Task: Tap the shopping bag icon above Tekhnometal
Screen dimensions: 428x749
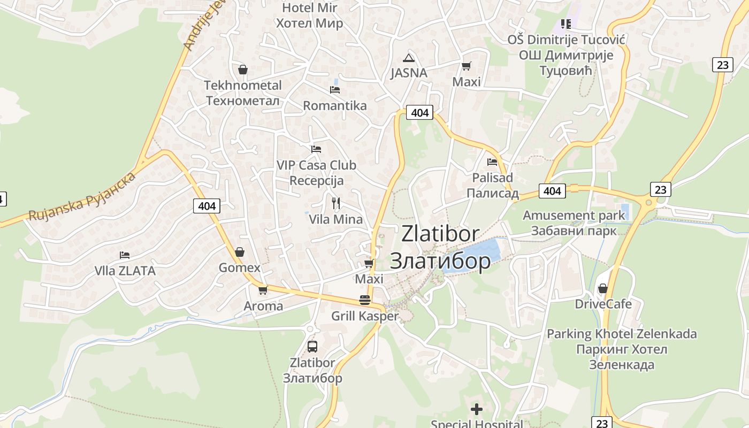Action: [x=243, y=70]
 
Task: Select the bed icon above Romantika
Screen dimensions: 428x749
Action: [x=335, y=89]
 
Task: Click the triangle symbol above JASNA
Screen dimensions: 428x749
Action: [x=409, y=58]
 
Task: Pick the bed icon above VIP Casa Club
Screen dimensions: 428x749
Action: [x=316, y=149]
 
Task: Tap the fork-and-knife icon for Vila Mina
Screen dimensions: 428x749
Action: [x=336, y=203]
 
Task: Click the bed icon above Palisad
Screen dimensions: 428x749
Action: [x=492, y=162]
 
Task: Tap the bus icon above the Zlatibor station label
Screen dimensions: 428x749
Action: [x=312, y=346]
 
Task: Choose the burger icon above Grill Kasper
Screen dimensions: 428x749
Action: [x=365, y=300]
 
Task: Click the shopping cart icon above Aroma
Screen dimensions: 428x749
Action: [x=263, y=290]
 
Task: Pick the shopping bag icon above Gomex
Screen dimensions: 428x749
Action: [x=240, y=251]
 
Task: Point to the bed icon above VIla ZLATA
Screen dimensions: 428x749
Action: [x=125, y=255]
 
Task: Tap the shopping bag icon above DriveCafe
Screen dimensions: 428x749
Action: [x=603, y=288]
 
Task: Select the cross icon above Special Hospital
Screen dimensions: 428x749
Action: [x=476, y=410]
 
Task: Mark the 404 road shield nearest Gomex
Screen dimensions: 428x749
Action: [x=207, y=206]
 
